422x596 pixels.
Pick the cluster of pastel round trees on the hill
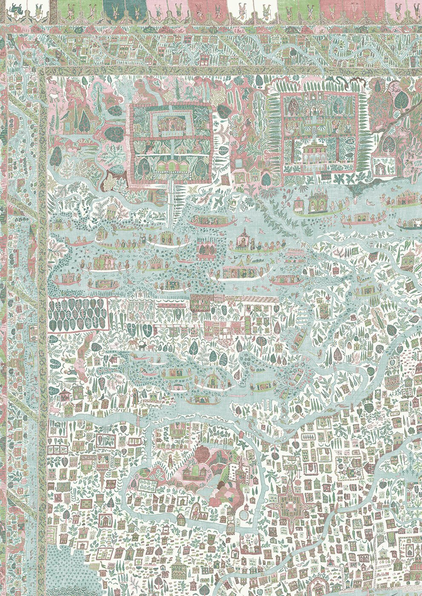(226, 490)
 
